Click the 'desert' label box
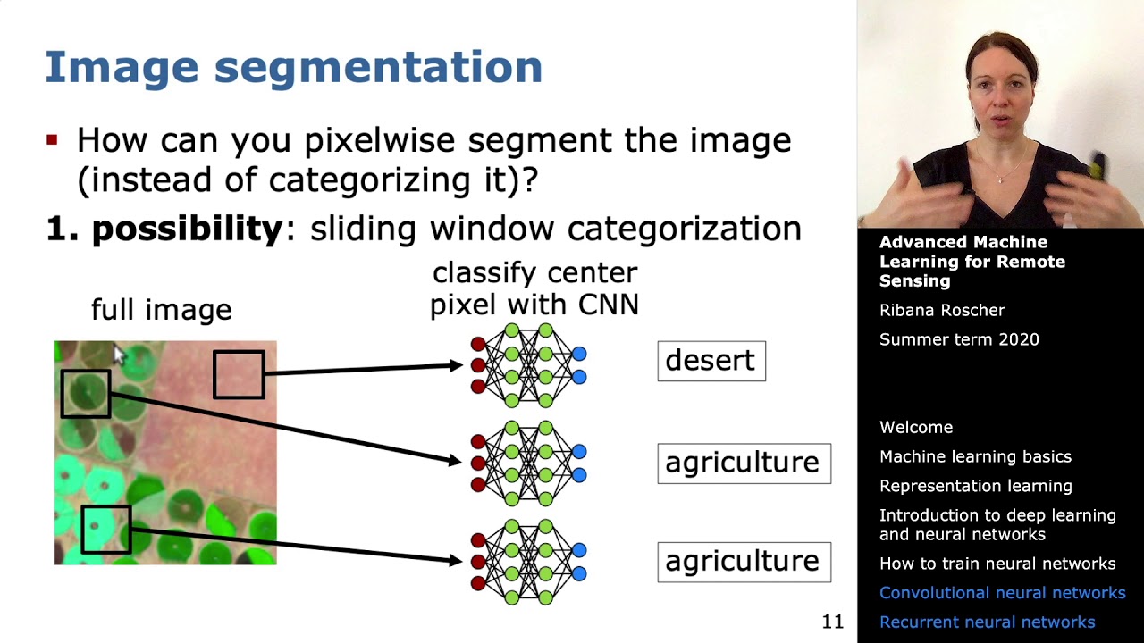point(711,362)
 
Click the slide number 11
point(832,621)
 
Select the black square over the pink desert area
point(214,374)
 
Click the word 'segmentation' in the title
point(378,68)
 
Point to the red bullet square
point(52,139)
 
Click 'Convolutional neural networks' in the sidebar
point(1002,592)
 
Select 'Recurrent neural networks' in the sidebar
point(988,622)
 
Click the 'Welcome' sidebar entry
point(916,427)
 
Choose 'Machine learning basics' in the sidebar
point(975,456)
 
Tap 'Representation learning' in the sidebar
point(975,486)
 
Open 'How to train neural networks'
point(997,564)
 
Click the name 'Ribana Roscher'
point(942,310)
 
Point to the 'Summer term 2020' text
point(959,339)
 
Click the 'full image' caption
point(162,310)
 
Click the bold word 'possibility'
point(188,230)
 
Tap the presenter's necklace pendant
point(1000,180)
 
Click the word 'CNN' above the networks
point(609,305)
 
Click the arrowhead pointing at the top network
point(456,365)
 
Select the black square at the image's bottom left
point(82,530)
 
